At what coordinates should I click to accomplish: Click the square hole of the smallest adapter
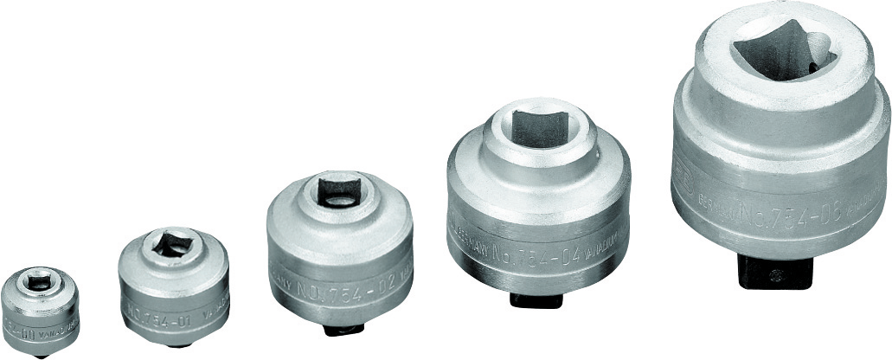pyautogui.click(x=40, y=282)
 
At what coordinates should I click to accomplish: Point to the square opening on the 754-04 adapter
pyautogui.click(x=538, y=129)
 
